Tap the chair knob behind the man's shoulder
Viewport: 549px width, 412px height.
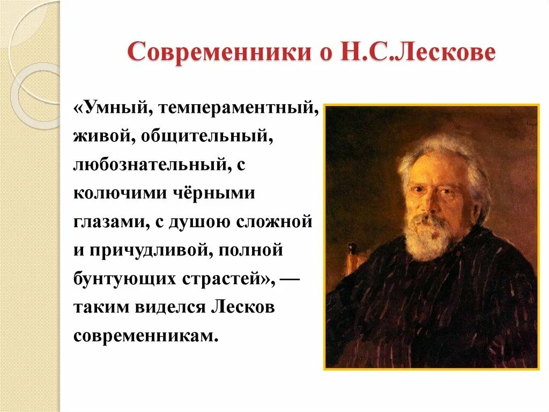point(352,249)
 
